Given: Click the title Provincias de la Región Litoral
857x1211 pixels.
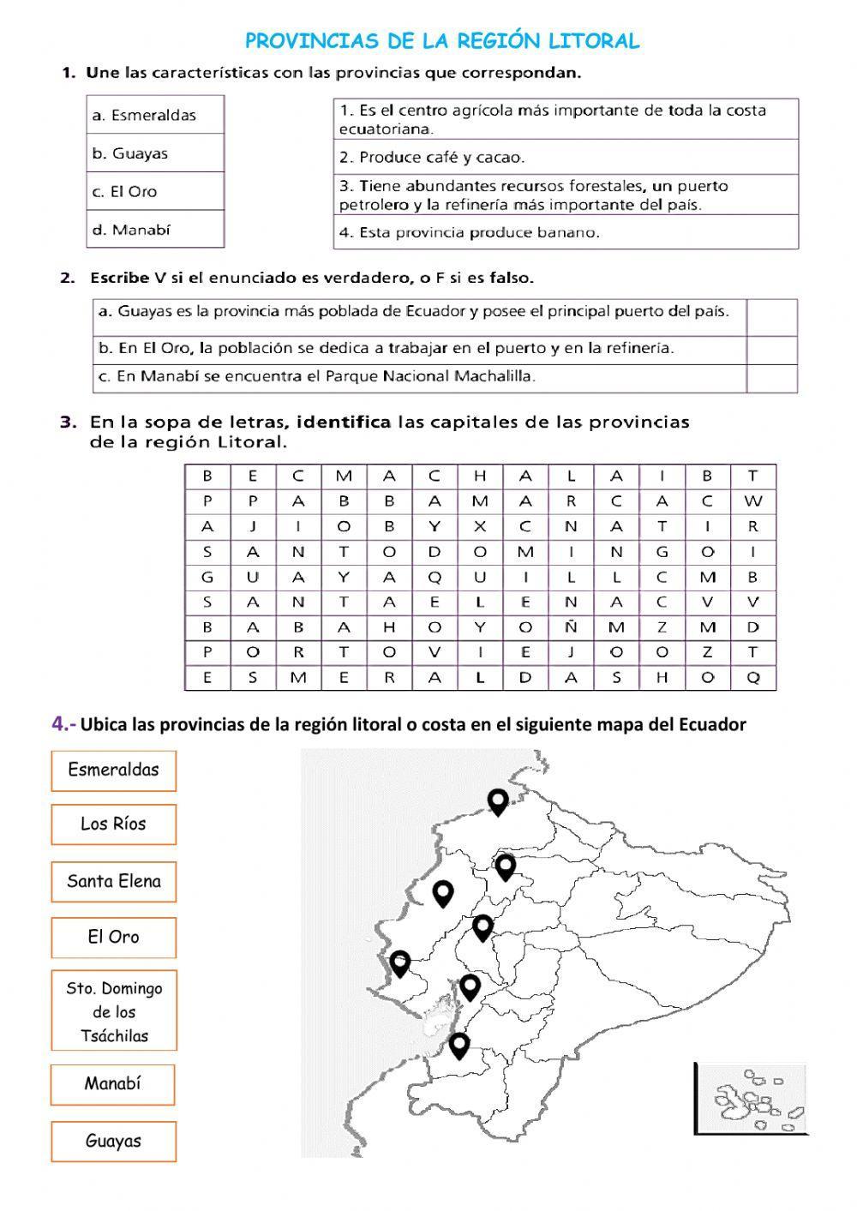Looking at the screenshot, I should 442,41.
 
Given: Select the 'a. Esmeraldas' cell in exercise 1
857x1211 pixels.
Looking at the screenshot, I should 155,115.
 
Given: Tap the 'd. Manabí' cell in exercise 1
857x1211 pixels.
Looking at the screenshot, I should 155,230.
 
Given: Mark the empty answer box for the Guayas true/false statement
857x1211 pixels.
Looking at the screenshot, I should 771,317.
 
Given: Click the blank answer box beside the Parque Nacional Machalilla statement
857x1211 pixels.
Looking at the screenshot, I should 771,378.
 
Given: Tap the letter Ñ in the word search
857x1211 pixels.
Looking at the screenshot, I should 571,627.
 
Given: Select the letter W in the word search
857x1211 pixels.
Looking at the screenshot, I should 753,501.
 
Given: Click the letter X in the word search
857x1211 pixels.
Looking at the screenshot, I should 480,526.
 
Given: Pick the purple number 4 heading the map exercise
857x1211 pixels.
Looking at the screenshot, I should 60,724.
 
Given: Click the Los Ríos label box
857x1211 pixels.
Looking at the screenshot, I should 113,824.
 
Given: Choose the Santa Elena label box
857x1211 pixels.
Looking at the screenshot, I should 113,882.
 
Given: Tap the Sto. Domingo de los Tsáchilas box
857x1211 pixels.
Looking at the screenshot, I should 113,1011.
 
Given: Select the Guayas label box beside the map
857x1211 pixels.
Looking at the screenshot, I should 113,1142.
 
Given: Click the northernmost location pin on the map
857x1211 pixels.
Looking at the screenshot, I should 498,801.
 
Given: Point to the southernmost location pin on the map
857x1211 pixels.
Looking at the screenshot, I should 459,1046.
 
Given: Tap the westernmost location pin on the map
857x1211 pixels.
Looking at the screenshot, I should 399,963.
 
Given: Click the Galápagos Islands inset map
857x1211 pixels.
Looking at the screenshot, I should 751,1098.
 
